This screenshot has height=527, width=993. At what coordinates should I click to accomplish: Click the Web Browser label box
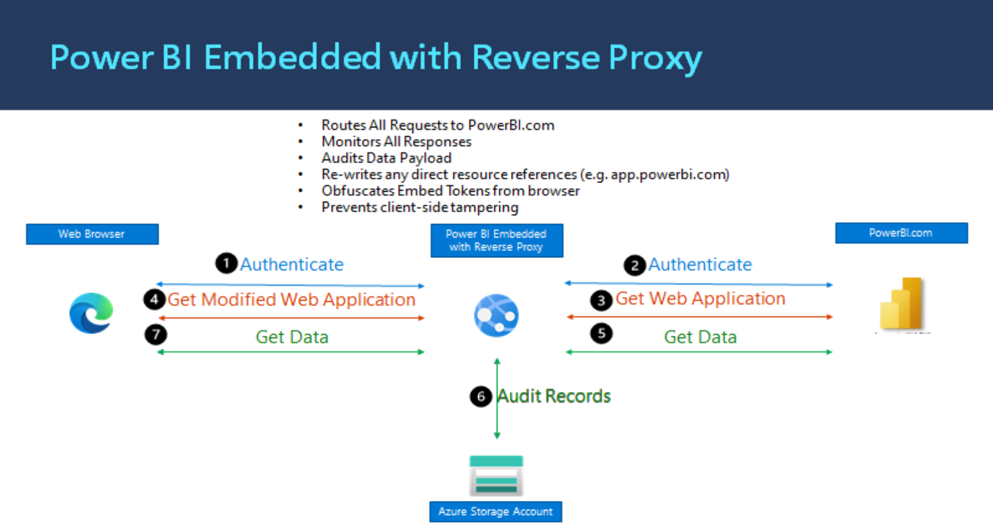coord(92,234)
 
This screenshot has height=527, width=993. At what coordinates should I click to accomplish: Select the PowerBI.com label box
coord(901,233)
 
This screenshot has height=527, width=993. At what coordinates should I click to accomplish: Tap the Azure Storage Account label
coord(496,512)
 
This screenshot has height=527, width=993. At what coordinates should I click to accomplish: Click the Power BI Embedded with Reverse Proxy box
coord(497,241)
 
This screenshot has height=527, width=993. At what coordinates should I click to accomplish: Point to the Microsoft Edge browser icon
coord(92,314)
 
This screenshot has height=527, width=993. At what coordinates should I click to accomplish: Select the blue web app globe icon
coord(496,315)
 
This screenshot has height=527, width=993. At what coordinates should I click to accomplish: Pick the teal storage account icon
coord(496,476)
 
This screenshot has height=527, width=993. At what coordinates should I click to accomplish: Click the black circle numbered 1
coord(226,263)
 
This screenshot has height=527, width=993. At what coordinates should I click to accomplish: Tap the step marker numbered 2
coord(634,266)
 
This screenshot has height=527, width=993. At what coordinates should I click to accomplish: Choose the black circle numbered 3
coord(601,301)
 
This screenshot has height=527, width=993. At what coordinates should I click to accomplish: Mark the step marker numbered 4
coord(155,300)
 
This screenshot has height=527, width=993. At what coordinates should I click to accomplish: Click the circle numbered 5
coord(601,334)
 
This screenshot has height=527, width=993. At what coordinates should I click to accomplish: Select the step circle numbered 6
coord(481,396)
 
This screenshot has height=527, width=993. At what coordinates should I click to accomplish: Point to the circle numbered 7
coord(156,335)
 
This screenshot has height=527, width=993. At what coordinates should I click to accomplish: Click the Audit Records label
coord(554,396)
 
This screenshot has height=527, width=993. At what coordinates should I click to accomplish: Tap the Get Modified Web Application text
coord(291,299)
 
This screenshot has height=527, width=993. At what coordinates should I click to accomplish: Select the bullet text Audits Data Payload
coord(386,158)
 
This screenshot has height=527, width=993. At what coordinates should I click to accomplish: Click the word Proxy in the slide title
coord(655,58)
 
